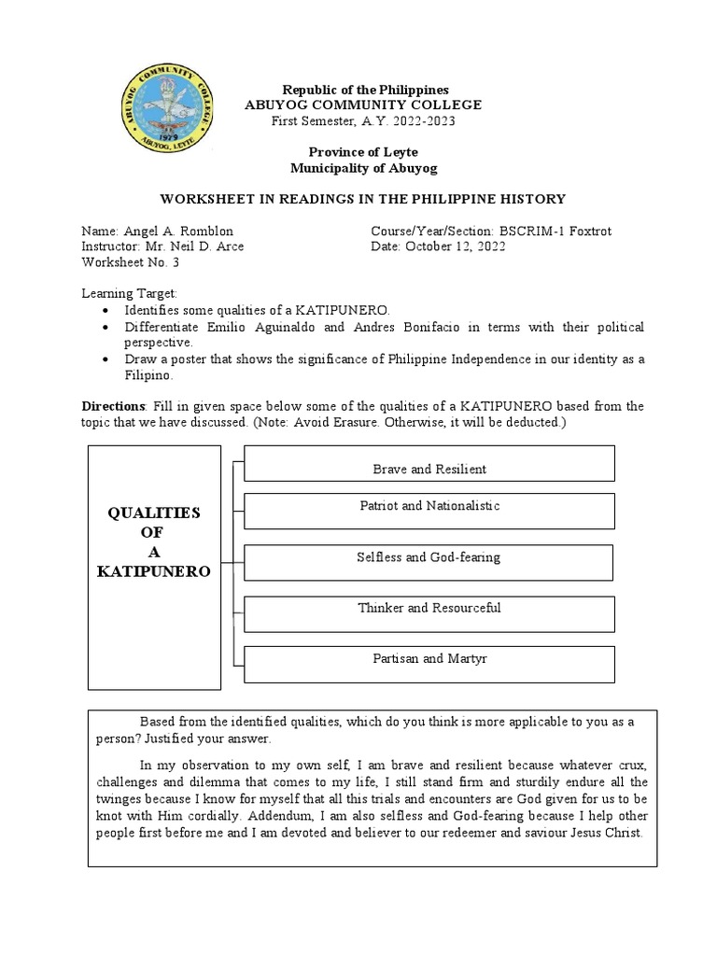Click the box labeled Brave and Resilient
coord(429,463)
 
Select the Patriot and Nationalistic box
coord(429,510)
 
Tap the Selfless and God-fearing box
coord(429,561)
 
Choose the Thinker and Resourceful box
coord(429,612)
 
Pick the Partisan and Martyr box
coord(429,663)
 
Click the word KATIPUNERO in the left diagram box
coord(155,569)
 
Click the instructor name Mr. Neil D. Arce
coord(194,246)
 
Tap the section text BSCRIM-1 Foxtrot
coord(556,231)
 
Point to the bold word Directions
coord(113,406)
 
